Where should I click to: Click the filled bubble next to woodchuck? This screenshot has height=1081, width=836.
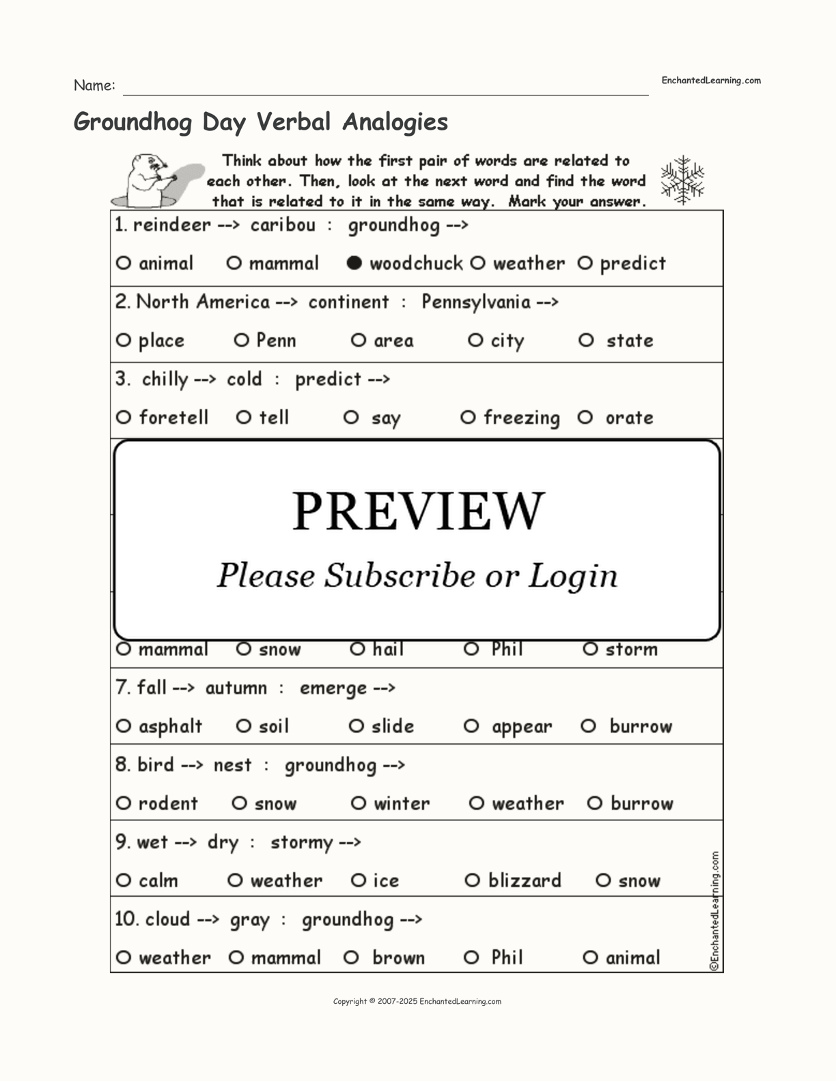(354, 263)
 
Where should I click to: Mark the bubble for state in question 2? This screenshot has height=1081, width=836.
(586, 340)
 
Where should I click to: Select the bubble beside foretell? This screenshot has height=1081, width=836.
(123, 417)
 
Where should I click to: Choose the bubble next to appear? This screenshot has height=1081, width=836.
(471, 726)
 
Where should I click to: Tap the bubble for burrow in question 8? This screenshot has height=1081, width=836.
(595, 803)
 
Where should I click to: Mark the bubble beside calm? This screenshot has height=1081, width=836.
(123, 880)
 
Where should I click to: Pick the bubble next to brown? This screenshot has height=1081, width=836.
(352, 957)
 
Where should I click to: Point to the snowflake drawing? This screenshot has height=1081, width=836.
(682, 180)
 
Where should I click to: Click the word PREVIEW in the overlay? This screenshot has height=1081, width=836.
(418, 510)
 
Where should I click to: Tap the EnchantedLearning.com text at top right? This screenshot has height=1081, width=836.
(711, 81)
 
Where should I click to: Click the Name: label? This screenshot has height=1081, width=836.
(94, 86)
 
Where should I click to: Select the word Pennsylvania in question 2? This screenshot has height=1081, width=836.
(476, 302)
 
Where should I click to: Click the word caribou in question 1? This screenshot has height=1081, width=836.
(283, 225)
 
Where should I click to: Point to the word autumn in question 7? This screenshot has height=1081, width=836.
(236, 688)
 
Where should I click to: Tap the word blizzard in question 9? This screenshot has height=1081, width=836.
(525, 880)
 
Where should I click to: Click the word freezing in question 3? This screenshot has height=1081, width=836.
(522, 418)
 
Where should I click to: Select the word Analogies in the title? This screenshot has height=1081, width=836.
(395, 121)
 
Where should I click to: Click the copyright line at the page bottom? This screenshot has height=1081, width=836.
(417, 1001)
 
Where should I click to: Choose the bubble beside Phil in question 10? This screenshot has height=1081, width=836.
(471, 957)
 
